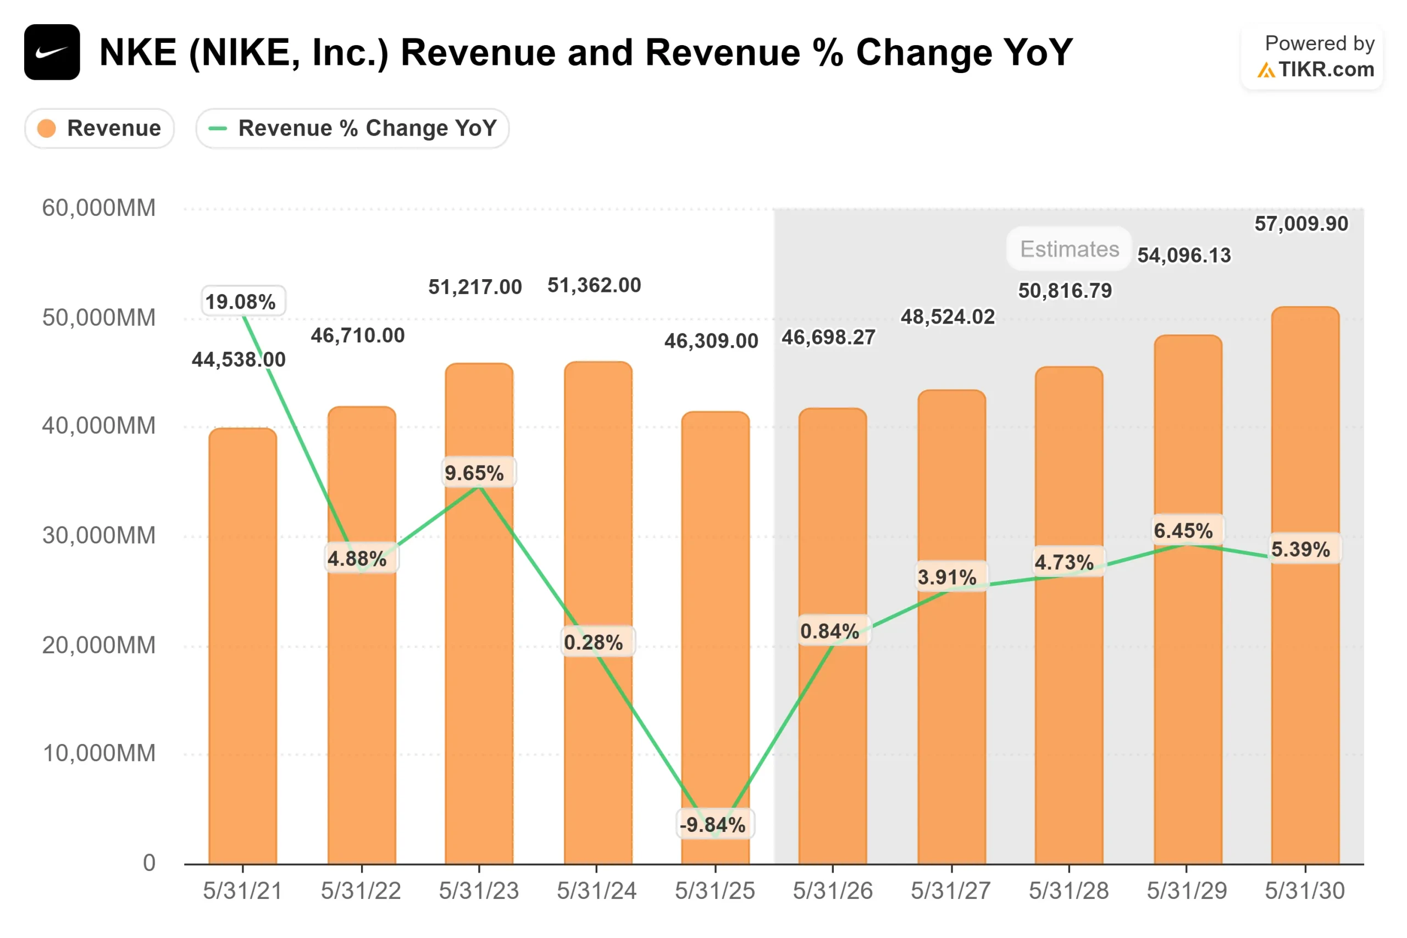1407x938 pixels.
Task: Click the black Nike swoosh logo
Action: [x=52, y=52]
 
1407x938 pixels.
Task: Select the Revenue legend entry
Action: [x=99, y=128]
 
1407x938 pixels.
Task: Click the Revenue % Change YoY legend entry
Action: [x=352, y=128]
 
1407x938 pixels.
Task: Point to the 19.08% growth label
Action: [x=241, y=301]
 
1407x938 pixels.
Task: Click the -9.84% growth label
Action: [x=713, y=824]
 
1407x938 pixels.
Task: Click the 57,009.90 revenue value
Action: [x=1301, y=224]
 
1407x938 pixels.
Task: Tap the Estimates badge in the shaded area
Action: [x=1069, y=249]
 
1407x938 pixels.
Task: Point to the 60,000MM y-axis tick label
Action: [x=99, y=208]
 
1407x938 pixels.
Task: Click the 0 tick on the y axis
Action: [x=149, y=863]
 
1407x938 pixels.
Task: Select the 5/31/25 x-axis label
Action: [x=715, y=891]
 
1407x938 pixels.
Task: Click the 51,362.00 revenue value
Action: [x=594, y=285]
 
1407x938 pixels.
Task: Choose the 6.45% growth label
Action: [x=1183, y=531]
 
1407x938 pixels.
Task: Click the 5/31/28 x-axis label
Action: [x=1068, y=891]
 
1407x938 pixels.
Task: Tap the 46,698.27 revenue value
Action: [x=828, y=337]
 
